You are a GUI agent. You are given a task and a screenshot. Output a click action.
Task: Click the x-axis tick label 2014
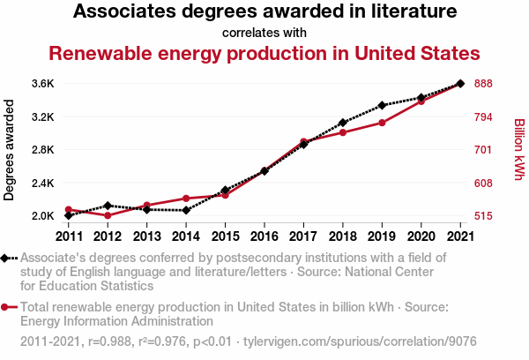(x=186, y=236)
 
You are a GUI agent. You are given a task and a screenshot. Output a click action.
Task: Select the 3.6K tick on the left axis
(x=42, y=84)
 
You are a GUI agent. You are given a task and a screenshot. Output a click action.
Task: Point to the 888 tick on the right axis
(x=483, y=84)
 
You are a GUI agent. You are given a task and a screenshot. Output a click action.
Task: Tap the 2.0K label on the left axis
(x=42, y=216)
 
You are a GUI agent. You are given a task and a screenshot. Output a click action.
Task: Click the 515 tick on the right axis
(x=483, y=216)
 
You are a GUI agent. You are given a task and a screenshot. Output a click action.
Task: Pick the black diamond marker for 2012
(x=108, y=206)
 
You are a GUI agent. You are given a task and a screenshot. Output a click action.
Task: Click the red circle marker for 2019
(x=382, y=123)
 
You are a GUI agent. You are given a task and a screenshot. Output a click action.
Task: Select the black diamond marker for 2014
(x=186, y=210)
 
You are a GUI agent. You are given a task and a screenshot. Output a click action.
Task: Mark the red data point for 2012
(x=108, y=215)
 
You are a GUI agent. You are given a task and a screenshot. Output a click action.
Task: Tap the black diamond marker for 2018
(x=342, y=123)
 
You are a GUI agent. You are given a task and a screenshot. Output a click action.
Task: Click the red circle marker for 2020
(x=421, y=101)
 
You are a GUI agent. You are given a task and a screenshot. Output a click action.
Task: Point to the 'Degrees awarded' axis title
(x=10, y=150)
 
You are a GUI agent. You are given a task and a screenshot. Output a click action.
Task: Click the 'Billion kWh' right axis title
(x=518, y=150)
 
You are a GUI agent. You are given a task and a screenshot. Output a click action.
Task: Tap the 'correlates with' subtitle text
(x=264, y=33)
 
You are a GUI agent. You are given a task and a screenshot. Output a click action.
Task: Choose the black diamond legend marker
(x=8, y=258)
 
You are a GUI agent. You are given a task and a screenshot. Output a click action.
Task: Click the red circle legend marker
(x=8, y=307)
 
